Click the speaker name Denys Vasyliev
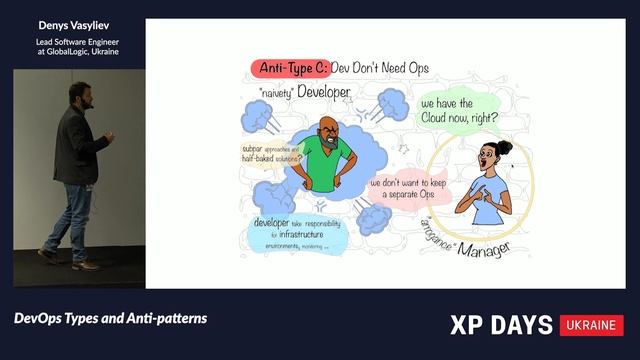click(x=72, y=23)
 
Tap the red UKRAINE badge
click(x=592, y=326)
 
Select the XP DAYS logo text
click(x=502, y=326)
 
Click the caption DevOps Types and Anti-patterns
click(x=111, y=318)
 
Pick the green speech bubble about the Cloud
click(x=458, y=110)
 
